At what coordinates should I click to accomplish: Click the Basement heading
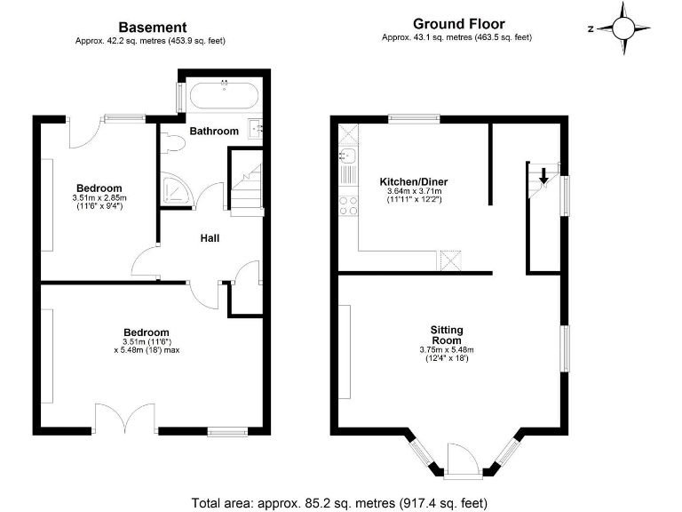(x=153, y=28)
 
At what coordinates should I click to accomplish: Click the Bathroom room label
(x=214, y=131)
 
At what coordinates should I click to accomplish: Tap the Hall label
(x=210, y=238)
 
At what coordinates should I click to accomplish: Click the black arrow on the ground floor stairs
(x=543, y=176)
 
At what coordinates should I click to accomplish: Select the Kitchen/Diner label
(x=414, y=179)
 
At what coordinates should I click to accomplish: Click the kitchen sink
(x=347, y=159)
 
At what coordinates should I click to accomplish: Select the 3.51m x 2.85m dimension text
(x=99, y=198)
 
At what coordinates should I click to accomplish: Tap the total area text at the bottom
(x=339, y=503)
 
